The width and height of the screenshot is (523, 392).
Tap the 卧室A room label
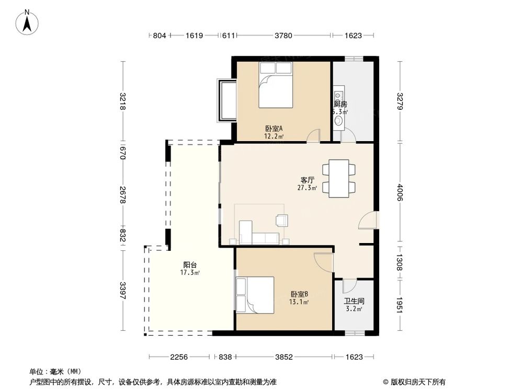(274, 129)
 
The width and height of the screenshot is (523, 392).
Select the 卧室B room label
(299, 294)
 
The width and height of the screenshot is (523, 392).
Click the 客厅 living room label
(307, 179)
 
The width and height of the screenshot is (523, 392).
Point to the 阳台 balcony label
(189, 264)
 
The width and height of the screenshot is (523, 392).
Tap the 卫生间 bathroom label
(354, 302)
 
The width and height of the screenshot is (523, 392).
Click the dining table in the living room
(339, 178)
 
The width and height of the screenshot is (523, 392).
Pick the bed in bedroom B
(255, 295)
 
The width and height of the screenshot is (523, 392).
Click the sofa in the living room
(259, 238)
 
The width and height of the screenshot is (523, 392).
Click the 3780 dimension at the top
(283, 36)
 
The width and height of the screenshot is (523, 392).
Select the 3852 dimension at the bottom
(284, 357)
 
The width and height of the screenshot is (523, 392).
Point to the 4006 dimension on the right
(400, 192)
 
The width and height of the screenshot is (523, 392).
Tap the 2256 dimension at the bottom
(179, 357)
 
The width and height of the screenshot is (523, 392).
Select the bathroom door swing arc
(349, 285)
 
